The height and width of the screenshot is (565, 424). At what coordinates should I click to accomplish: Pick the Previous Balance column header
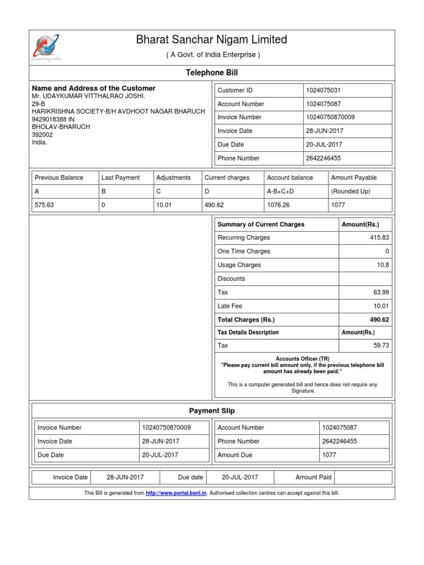tap(59, 178)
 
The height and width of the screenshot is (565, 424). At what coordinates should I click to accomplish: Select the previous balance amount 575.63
tap(44, 205)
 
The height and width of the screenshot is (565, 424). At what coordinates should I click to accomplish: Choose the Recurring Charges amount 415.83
tap(379, 238)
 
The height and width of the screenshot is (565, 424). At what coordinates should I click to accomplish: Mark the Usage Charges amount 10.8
tap(383, 265)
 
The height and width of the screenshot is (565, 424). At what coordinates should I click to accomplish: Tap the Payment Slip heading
tap(212, 411)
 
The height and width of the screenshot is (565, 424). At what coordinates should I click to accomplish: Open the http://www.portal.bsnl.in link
tap(176, 493)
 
